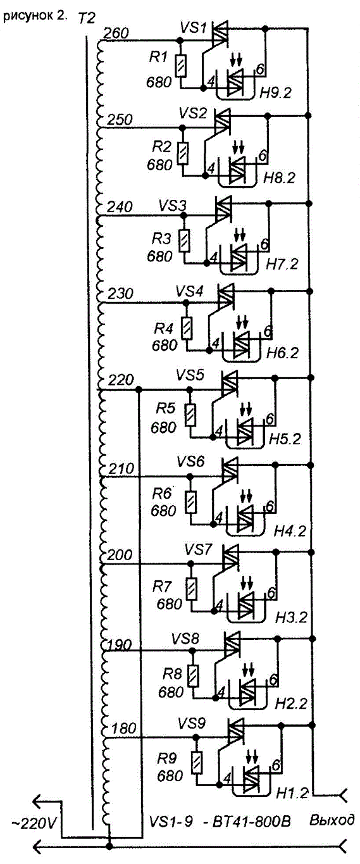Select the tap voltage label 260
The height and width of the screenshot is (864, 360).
(x=116, y=34)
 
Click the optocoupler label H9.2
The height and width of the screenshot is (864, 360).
(x=275, y=92)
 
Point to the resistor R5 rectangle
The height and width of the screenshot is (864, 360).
(x=190, y=415)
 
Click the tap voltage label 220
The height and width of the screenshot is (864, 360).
(x=121, y=380)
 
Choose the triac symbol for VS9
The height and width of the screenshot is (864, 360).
(x=236, y=731)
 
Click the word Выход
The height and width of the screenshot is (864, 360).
(x=332, y=819)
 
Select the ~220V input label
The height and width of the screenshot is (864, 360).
(x=34, y=823)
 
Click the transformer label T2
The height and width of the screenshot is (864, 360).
(x=86, y=18)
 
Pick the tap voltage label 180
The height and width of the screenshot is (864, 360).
(x=124, y=729)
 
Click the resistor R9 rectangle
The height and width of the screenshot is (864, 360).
(x=197, y=762)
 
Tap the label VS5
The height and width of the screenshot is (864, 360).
(x=190, y=375)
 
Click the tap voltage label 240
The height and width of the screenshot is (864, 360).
(x=120, y=207)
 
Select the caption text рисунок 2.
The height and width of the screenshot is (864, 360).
(x=35, y=17)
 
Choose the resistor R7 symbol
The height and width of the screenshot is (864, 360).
(x=192, y=589)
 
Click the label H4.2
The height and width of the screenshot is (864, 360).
(x=290, y=532)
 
